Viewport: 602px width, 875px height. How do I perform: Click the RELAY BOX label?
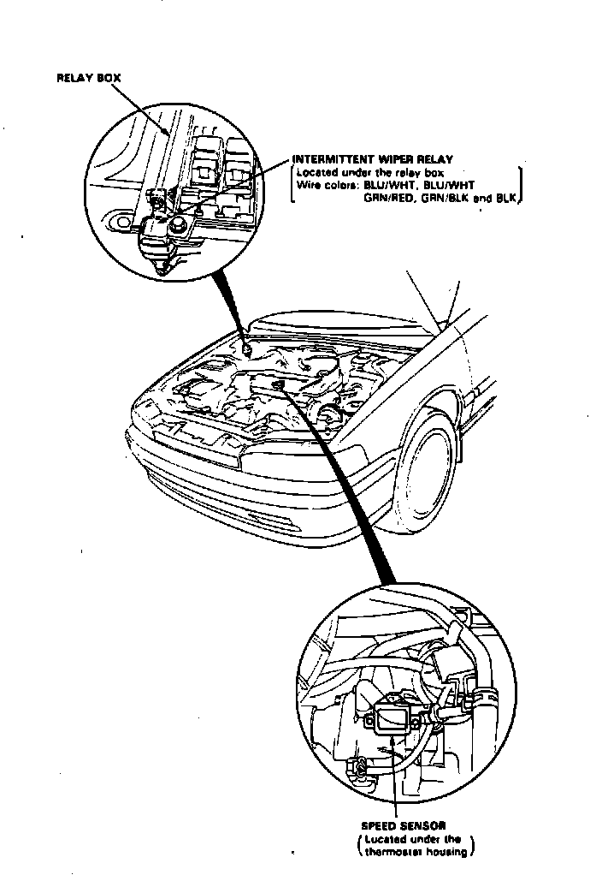pos(88,78)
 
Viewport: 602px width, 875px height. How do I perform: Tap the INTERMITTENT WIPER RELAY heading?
pos(373,159)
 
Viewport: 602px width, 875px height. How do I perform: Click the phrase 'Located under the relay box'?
pos(358,172)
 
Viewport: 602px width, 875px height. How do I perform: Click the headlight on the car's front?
pos(282,462)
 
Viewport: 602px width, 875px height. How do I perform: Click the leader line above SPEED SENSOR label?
pos(396,779)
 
